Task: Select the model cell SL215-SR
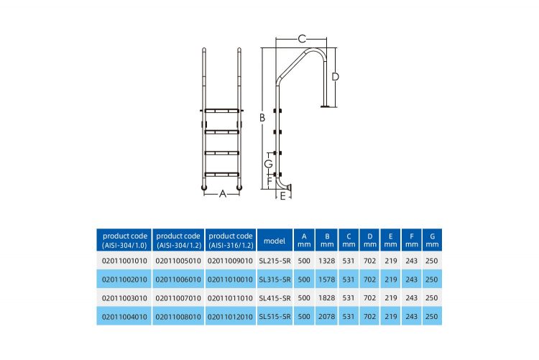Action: (275, 259)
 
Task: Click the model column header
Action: (275, 240)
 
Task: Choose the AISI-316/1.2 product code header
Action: (230, 240)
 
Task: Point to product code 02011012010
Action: (230, 315)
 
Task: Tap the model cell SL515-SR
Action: (275, 315)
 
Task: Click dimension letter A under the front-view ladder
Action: (223, 194)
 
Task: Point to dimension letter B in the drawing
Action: (263, 117)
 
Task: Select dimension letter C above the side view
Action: (302, 38)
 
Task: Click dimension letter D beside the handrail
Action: (335, 76)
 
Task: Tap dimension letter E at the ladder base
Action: (283, 195)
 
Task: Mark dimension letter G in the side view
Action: (267, 164)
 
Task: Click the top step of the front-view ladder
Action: (224, 111)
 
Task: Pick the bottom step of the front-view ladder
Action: (224, 174)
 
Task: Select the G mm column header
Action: (432, 240)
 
